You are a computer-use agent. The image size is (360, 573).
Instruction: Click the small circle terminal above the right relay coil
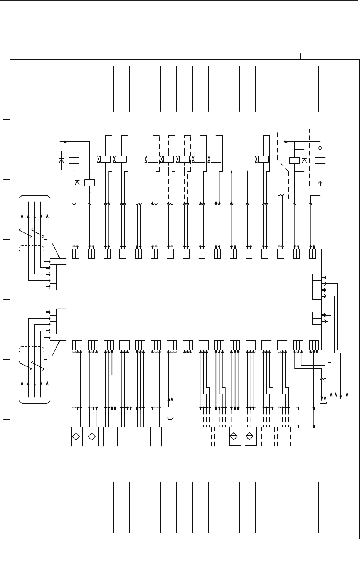point(320,148)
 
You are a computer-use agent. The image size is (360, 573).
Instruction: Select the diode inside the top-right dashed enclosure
point(304,160)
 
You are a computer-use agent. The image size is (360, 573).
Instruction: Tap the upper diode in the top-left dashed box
point(62,160)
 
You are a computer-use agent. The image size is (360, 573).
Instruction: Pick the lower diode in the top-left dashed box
point(77,182)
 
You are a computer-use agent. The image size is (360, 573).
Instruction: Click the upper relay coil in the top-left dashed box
point(73,160)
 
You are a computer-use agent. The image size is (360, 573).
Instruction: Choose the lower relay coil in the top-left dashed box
point(89,182)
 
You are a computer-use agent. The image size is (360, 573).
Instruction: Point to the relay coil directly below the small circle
point(320,160)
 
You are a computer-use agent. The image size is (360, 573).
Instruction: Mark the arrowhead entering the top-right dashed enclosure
point(286,141)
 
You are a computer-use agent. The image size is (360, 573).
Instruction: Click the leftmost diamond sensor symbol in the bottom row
point(77,437)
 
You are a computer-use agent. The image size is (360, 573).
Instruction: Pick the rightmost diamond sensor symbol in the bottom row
point(250,437)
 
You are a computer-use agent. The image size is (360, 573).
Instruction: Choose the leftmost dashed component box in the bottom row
point(205,437)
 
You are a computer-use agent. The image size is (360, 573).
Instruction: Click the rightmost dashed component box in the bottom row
point(284,437)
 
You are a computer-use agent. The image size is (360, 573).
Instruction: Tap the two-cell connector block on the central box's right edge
point(316,318)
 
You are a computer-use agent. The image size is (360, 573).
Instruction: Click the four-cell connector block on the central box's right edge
point(316,287)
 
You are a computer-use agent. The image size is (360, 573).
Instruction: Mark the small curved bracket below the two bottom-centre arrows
point(170,418)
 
